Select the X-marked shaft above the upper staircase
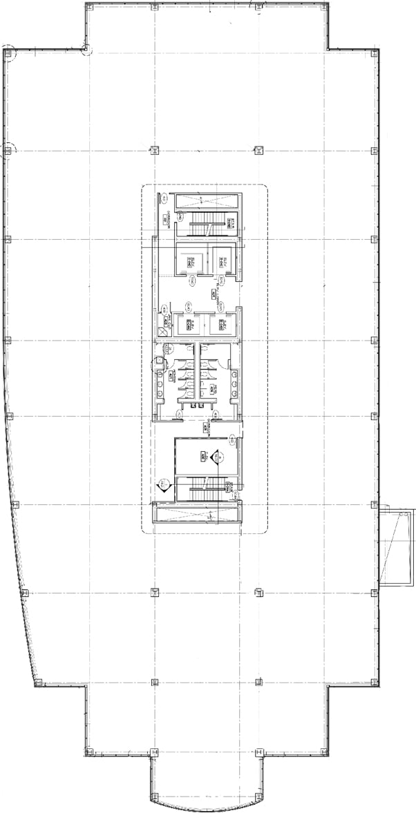pyautogui.click(x=207, y=202)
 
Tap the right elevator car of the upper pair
pyautogui.click(x=223, y=261)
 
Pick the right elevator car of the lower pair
pyautogui.click(x=223, y=324)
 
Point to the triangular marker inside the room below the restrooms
pyautogui.click(x=216, y=455)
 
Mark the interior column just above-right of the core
pyautogui.click(x=258, y=149)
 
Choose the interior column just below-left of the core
pyautogui.click(x=153, y=592)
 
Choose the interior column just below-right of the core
pyautogui.click(x=258, y=592)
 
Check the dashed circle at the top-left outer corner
pyautogui.click(x=8, y=53)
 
